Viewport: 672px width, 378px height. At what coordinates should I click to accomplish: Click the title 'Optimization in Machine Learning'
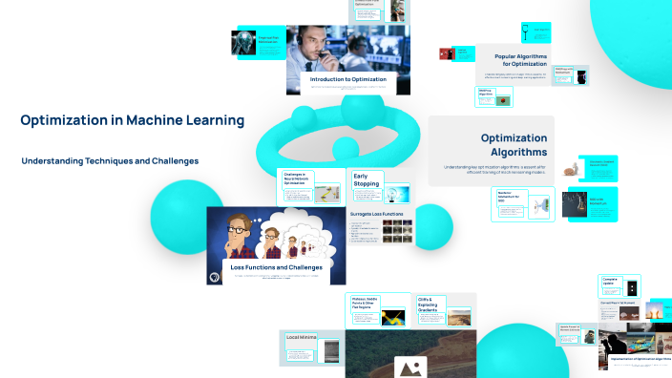click(132, 121)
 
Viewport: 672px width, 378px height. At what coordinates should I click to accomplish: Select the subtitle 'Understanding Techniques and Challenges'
click(110, 161)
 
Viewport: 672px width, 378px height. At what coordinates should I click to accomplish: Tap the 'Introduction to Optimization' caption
click(347, 79)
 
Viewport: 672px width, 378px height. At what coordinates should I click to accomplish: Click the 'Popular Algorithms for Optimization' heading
click(526, 60)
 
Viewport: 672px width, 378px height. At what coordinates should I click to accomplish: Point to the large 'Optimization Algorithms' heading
click(514, 145)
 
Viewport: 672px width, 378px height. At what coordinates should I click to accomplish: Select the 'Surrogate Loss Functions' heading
click(377, 214)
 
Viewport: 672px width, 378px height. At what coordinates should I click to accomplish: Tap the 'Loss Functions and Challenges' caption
click(275, 268)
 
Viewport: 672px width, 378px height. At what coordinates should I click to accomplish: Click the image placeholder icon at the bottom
click(411, 367)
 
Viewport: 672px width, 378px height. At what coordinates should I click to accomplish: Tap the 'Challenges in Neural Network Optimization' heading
click(295, 178)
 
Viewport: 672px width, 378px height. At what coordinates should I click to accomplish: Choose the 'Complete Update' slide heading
click(611, 283)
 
